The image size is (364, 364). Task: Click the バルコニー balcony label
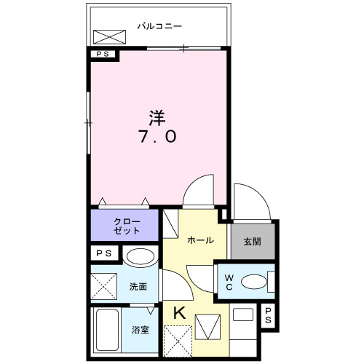click(159, 27)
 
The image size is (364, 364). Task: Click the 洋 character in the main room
click(157, 116)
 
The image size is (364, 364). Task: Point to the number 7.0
click(157, 136)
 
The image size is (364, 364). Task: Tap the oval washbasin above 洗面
click(139, 256)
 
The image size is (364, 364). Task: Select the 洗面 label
click(138, 287)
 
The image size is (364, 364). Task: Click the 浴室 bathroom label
click(141, 329)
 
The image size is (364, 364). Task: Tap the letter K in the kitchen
click(178, 313)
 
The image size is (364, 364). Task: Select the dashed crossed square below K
click(178, 340)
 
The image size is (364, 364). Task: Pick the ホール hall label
click(200, 240)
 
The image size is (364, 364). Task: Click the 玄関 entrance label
click(252, 242)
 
